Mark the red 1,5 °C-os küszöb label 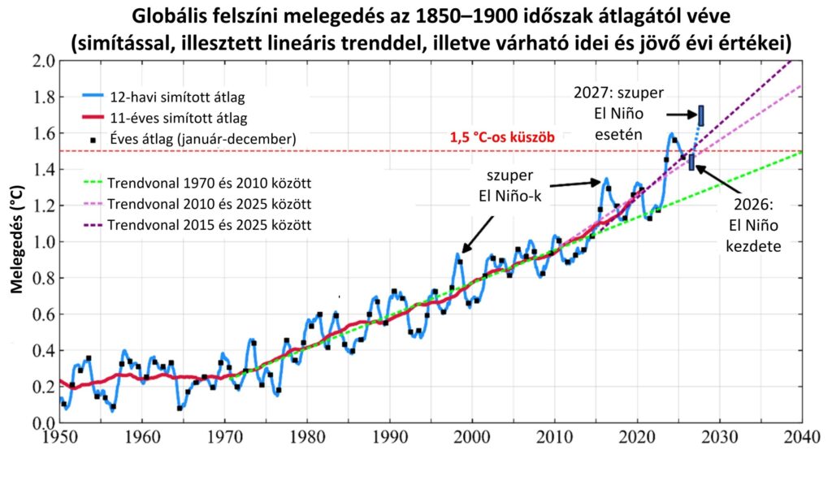(502, 139)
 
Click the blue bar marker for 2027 (700, 115)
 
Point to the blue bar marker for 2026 (691, 162)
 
